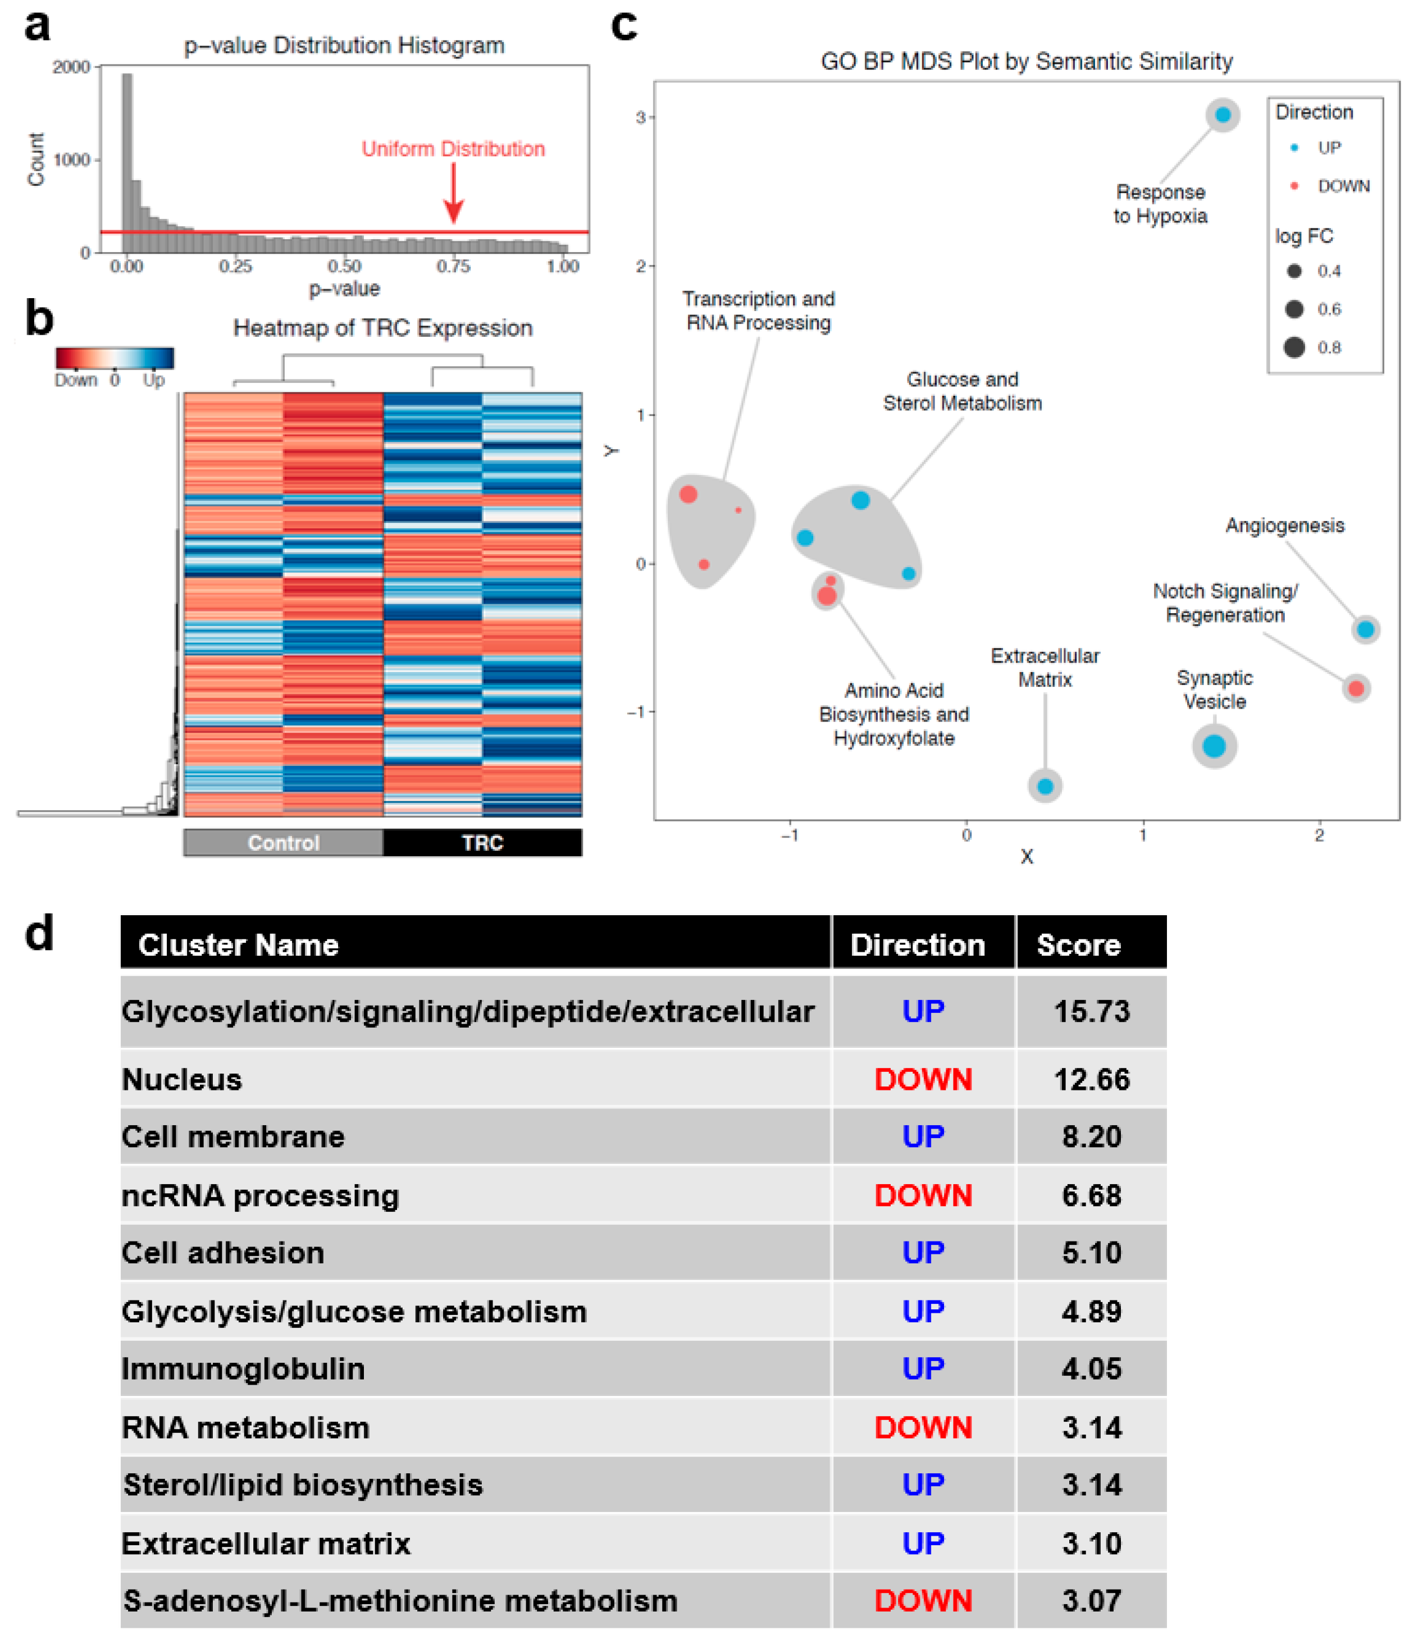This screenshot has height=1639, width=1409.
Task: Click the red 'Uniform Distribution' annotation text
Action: tap(453, 149)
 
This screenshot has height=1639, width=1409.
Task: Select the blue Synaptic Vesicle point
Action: tap(1214, 745)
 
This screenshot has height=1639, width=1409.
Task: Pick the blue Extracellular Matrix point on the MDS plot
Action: tap(1045, 786)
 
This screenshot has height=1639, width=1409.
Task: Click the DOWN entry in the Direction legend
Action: tap(1343, 186)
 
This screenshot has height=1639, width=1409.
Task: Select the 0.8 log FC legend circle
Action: tap(1294, 347)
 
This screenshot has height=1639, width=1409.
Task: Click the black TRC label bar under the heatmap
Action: tap(482, 842)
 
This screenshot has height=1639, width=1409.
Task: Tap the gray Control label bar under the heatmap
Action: tap(283, 842)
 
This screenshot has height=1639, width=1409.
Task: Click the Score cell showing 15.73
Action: tap(1091, 1012)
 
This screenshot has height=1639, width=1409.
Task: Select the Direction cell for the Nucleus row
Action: tap(923, 1080)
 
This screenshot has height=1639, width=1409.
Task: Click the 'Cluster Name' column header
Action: tap(238, 944)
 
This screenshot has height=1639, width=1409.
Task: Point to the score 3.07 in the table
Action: tap(1091, 1600)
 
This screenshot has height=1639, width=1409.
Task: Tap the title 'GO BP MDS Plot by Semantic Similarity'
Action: tap(1026, 62)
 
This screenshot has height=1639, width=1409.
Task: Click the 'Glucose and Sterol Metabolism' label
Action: tap(962, 391)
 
